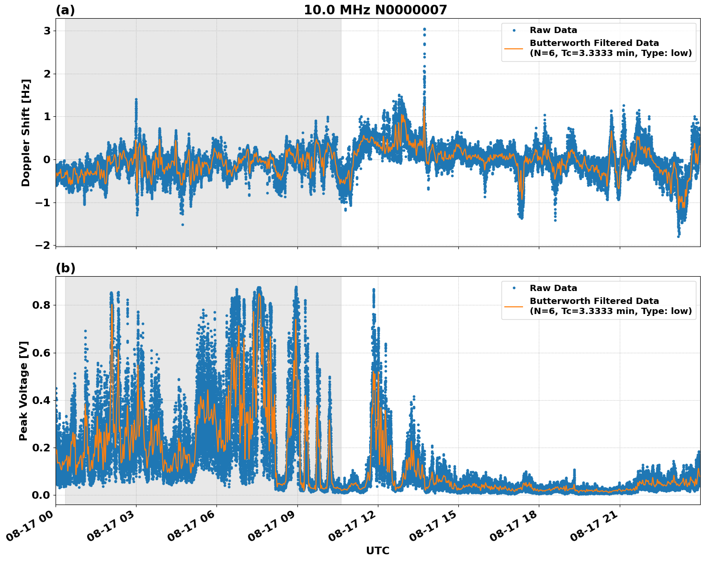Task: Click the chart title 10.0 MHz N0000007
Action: click(x=375, y=10)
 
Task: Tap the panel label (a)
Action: click(x=65, y=10)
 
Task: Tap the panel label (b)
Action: click(x=65, y=268)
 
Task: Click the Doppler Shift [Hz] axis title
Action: click(x=26, y=133)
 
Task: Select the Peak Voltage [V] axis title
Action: click(x=23, y=391)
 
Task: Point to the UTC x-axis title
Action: click(x=377, y=550)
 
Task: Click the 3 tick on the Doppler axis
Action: click(x=47, y=31)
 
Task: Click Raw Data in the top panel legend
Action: click(x=553, y=30)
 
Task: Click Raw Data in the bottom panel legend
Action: click(x=553, y=288)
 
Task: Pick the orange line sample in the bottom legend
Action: click(x=513, y=306)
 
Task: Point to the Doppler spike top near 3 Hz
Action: click(x=424, y=29)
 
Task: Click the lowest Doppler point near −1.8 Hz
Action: click(x=678, y=236)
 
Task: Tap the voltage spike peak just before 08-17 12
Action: click(x=374, y=290)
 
